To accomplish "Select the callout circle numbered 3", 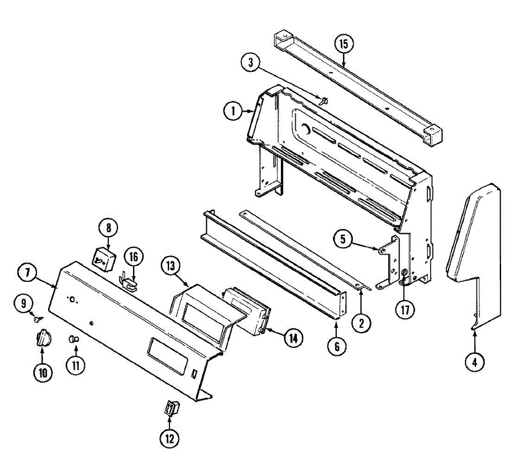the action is coord(251,63).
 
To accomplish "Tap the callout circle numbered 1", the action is coord(233,112).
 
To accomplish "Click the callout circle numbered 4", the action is coord(474,362).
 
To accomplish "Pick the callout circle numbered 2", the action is coord(361,324).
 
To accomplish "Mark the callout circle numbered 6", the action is coord(337,347).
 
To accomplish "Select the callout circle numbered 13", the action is coord(170,267).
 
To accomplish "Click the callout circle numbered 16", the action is coord(134,257).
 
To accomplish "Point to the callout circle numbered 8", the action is coord(108,227).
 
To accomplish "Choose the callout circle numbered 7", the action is coord(28,273).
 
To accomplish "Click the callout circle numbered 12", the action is coord(169,438).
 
